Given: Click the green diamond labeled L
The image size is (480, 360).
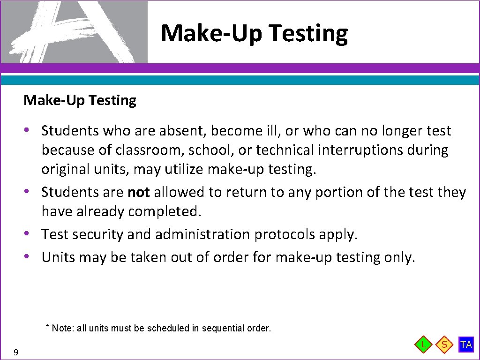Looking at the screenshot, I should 424,345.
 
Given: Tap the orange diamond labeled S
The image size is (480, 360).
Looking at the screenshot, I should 444,345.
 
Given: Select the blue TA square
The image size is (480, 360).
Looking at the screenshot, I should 466,345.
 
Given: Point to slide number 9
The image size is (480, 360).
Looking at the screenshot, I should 16,352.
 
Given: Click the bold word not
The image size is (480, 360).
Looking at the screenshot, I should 138,192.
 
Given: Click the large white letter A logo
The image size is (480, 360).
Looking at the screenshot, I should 75,31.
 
